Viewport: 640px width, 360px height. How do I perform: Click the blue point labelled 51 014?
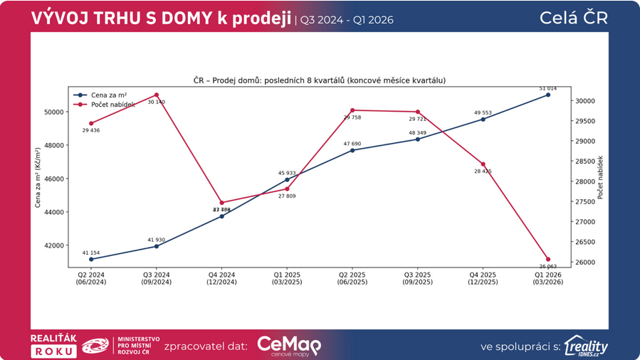coord(548,95)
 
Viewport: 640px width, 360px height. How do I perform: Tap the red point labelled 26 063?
coord(548,260)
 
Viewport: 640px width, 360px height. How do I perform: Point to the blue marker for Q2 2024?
coord(91,259)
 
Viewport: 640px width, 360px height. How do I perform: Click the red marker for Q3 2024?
coord(157,95)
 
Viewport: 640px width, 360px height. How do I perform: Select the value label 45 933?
coord(288,173)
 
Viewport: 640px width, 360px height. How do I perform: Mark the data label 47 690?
coord(352,144)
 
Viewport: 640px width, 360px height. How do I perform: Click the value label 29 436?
coord(91,131)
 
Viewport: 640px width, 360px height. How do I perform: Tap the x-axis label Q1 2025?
coord(288,278)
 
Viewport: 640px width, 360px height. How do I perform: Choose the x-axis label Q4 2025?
coord(483,278)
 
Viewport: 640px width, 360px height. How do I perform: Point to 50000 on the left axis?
coord(53,112)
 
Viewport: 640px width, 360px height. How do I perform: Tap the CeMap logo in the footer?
coord(289,346)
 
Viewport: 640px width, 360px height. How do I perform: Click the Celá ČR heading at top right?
coord(584,18)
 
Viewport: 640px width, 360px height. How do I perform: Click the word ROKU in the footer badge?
coord(54,351)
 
